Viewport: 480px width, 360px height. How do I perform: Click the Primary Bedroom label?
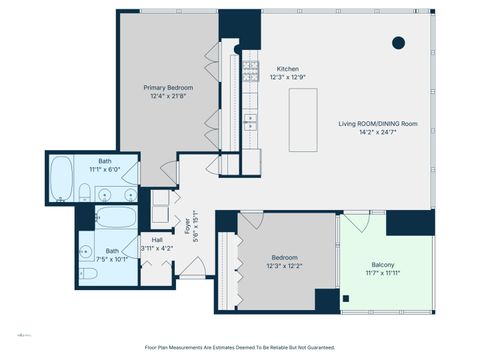point(167,87)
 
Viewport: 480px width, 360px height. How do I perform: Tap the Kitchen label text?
point(287,67)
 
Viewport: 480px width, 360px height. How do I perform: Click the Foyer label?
point(186,229)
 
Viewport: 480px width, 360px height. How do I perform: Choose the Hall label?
point(158,240)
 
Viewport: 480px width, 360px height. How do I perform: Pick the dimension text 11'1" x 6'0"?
point(105,169)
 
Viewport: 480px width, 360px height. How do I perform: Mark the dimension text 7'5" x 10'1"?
point(113,258)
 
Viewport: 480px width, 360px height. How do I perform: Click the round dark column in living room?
point(398,42)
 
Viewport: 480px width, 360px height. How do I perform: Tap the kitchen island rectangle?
point(303,120)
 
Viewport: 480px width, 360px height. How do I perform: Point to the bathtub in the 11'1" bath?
point(62,178)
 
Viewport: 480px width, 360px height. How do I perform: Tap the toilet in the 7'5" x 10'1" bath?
point(89,273)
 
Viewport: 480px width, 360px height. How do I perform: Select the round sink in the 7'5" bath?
point(87,251)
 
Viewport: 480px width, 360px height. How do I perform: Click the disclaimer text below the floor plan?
point(240,347)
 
